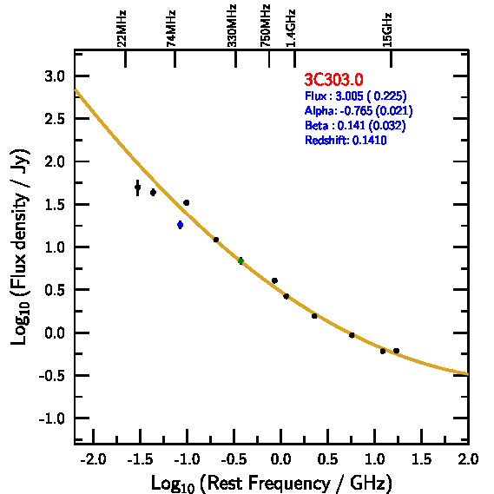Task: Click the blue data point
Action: pos(180,225)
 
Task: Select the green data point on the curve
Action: pos(240,260)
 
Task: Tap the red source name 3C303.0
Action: pos(333,79)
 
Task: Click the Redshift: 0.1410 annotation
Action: pos(346,140)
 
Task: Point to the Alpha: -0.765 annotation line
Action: pos(359,110)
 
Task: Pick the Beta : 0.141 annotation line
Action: pos(355,125)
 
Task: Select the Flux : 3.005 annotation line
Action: pos(355,96)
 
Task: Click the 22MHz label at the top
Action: pos(122,29)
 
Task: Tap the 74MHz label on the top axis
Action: pos(171,29)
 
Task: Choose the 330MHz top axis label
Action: pos(232,26)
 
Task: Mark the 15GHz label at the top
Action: pos(387,30)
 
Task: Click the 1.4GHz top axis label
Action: pos(291,29)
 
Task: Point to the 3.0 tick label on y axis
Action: pos(55,76)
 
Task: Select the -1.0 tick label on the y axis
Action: pos(52,418)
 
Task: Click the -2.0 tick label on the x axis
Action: pos(93,459)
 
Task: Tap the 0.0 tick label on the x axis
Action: pos(280,459)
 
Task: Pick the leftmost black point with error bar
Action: pos(137,188)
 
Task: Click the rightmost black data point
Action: pos(397,351)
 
